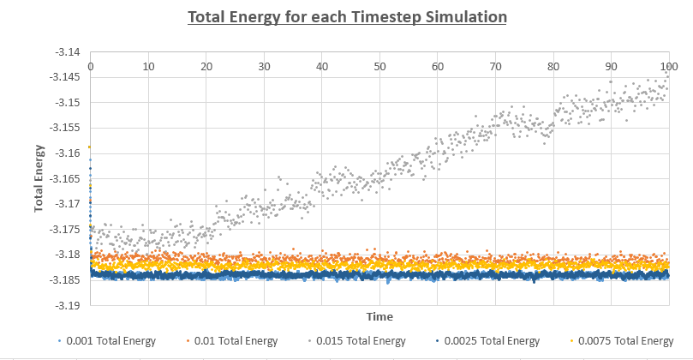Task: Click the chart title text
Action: tap(346, 16)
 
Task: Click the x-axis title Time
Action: tap(379, 316)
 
